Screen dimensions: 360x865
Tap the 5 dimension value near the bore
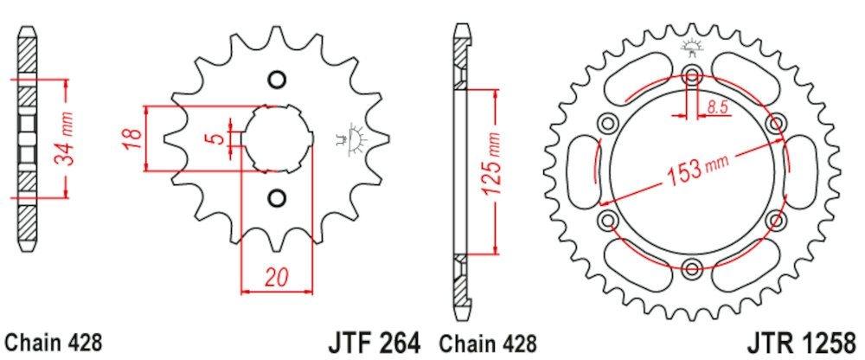tap(221, 138)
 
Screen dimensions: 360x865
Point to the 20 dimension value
tap(276, 279)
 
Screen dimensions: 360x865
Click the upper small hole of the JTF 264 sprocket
tap(277, 80)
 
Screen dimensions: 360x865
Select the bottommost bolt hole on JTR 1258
tap(691, 266)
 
